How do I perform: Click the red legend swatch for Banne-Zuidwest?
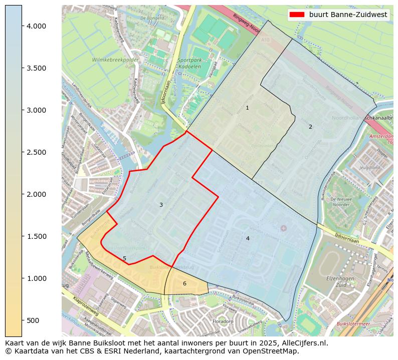point(297,15)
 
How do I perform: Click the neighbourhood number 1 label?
point(247,108)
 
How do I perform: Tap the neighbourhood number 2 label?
point(310,127)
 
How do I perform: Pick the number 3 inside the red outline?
point(161,205)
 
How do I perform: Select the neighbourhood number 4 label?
point(248,238)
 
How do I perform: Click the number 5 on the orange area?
point(125,258)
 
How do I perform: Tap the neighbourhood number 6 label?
point(184,283)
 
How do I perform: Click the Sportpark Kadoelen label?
point(186,63)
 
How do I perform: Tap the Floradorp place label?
point(223,321)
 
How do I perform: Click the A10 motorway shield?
point(265,39)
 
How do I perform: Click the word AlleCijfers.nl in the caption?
point(300,343)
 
